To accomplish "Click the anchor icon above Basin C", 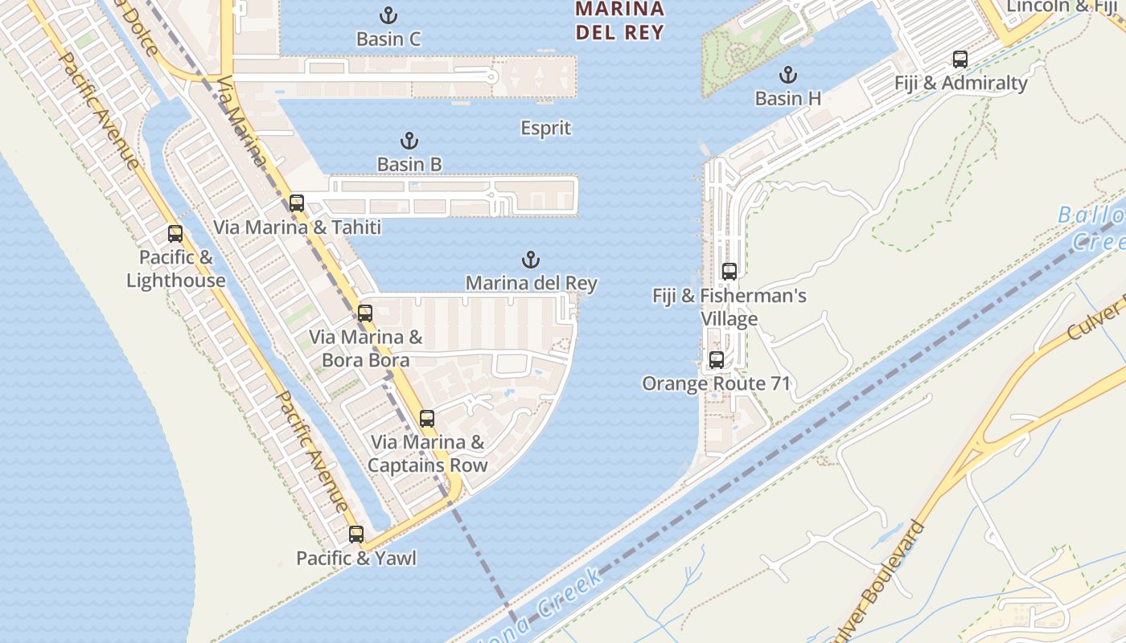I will click(388, 14).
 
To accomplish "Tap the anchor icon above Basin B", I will click(409, 141).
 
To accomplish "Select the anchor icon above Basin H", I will click(788, 76).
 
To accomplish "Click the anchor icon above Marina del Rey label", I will click(531, 260).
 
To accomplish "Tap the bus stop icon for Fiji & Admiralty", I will click(960, 59).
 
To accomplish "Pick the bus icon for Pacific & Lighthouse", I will click(175, 234).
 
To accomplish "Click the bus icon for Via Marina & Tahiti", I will click(297, 203).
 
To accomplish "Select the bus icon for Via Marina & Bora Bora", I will click(365, 313).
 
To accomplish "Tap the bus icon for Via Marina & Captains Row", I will click(427, 419).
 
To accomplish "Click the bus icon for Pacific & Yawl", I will click(356, 534).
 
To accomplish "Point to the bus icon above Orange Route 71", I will click(717, 360).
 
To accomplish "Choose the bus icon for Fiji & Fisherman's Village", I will click(729, 272).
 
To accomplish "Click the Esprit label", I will click(545, 128).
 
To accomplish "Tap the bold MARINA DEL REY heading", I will click(619, 21).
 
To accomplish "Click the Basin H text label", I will click(788, 98).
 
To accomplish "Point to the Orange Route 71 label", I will click(717, 383).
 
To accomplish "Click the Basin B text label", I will click(409, 164).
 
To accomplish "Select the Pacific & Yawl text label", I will click(356, 558).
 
